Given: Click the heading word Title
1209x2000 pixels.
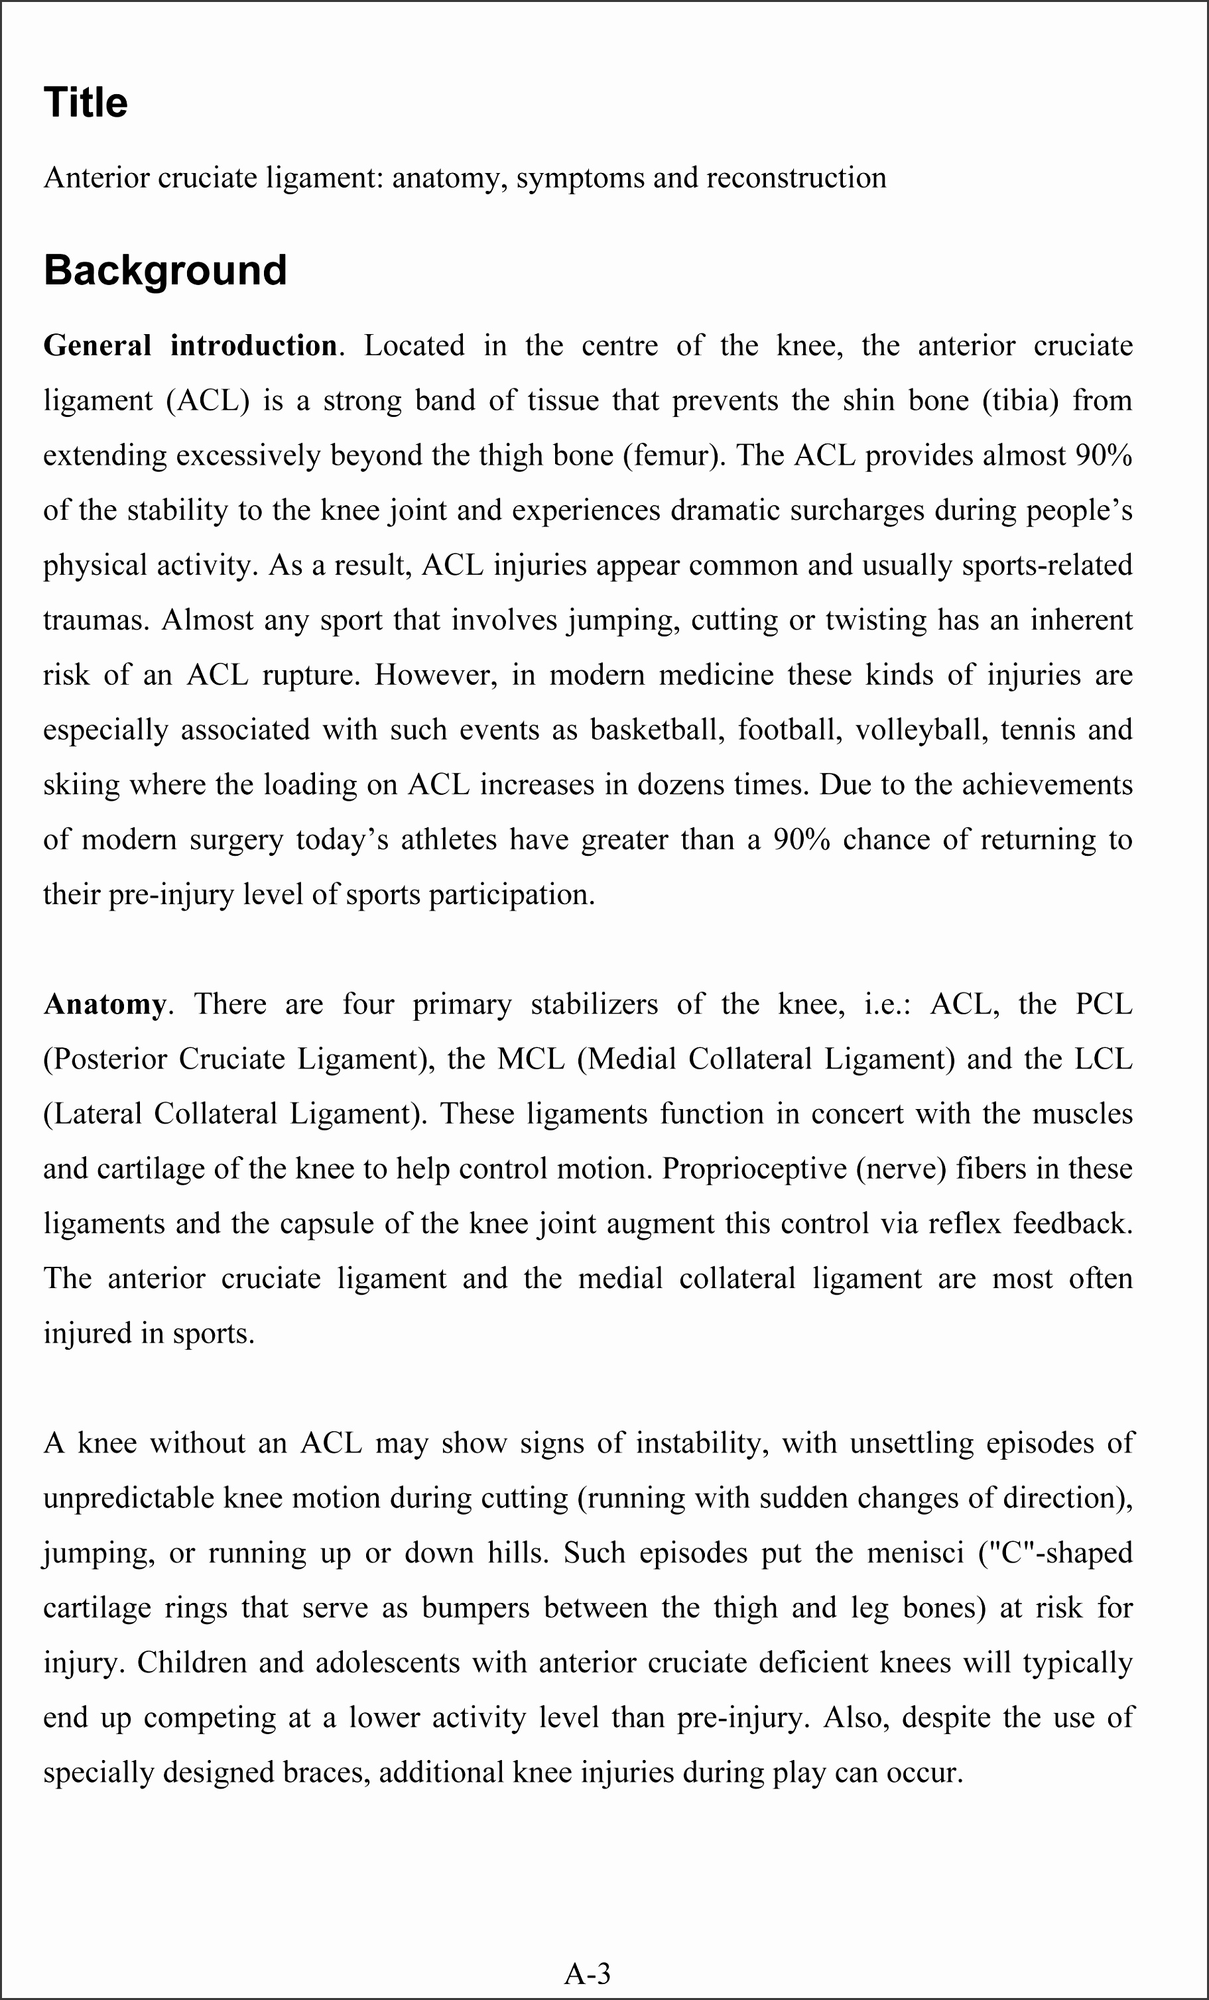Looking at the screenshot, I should (86, 103).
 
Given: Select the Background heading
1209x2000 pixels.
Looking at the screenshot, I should (165, 270).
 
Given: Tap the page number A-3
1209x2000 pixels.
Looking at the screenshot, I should (587, 1972).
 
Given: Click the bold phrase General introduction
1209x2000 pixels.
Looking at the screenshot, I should (190, 346).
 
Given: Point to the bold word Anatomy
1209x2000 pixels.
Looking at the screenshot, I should (104, 1004).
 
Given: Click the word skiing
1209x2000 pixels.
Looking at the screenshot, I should (81, 785).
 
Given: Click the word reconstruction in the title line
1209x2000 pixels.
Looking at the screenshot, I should (796, 178).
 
